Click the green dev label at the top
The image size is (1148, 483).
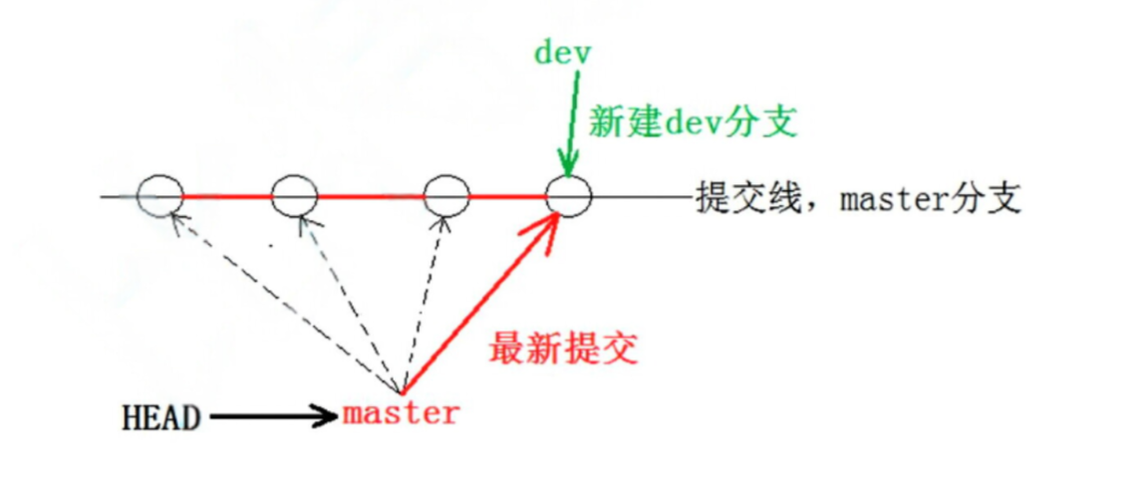click(563, 52)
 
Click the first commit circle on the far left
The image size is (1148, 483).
click(160, 194)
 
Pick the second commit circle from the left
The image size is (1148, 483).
click(294, 194)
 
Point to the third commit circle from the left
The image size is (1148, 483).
click(445, 194)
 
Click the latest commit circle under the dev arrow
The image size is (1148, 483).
click(569, 195)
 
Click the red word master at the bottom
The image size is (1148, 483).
click(401, 413)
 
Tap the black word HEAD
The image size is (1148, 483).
click(160, 416)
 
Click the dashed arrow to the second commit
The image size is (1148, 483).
click(349, 299)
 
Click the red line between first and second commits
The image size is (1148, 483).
click(227, 195)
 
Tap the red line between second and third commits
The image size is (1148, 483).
click(370, 195)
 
